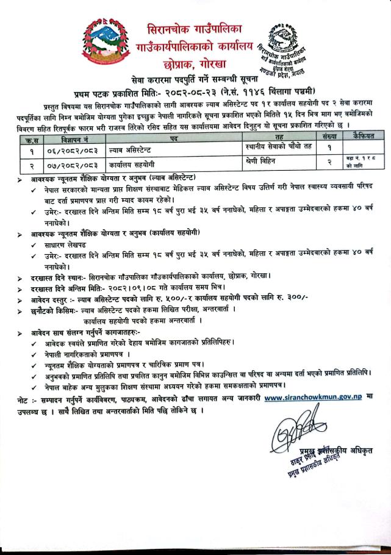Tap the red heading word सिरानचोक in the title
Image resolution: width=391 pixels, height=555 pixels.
point(172,29)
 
